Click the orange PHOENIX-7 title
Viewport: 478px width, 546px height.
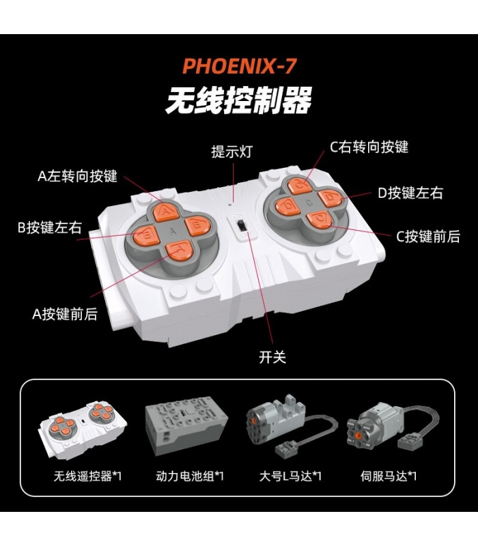(240, 66)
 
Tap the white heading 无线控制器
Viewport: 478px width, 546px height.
(238, 100)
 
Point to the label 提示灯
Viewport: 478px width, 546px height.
(231, 152)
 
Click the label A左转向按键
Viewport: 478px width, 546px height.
(77, 176)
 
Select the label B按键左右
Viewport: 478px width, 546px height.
(49, 227)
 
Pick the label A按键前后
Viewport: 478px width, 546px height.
(65, 314)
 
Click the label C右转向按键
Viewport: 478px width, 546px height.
(369, 147)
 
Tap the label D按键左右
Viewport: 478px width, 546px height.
(410, 192)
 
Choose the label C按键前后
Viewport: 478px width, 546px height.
(428, 236)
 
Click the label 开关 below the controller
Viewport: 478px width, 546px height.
(272, 357)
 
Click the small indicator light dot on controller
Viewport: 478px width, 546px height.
(230, 205)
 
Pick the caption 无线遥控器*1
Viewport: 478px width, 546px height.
(87, 476)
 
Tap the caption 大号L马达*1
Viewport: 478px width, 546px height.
(290, 476)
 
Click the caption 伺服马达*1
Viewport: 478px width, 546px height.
(389, 476)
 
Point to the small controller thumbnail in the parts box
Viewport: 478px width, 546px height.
(82, 429)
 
